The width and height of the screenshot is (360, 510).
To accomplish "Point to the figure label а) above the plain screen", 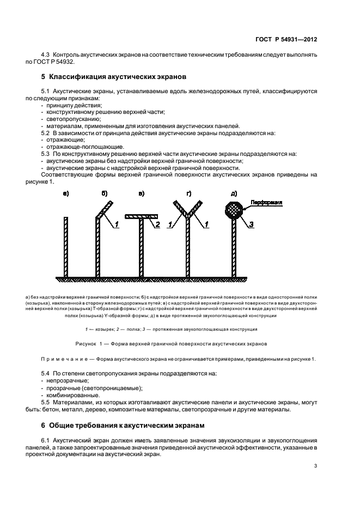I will point(65,193).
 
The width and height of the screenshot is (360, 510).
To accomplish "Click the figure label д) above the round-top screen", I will point(233,193).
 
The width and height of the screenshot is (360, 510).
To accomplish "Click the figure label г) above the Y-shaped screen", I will point(188,193).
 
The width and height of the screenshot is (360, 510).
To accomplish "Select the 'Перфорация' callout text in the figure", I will point(266,203).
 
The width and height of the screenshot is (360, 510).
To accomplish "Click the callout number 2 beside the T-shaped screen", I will point(157,224).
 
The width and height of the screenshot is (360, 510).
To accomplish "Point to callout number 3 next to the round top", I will point(251,224).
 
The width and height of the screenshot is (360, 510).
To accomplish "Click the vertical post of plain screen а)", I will point(65,245).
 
